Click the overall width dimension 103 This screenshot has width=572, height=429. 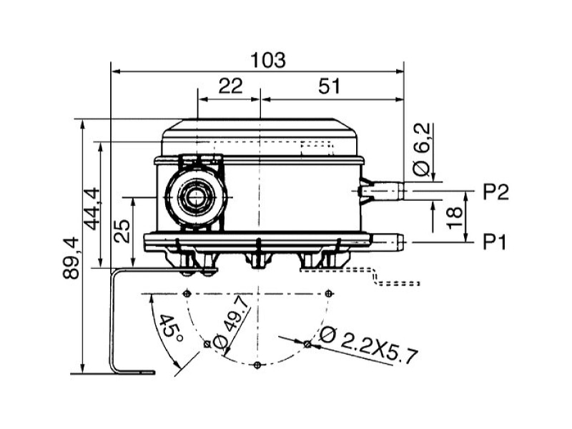pyautogui.click(x=268, y=60)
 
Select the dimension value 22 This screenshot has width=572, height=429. pyautogui.click(x=230, y=86)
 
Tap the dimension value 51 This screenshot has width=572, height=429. pyautogui.click(x=329, y=86)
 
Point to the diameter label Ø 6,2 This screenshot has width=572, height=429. pyautogui.click(x=422, y=149)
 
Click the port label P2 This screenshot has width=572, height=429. pyautogui.click(x=495, y=192)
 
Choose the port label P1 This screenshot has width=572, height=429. pyautogui.click(x=495, y=242)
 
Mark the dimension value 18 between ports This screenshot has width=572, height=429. pyautogui.click(x=454, y=217)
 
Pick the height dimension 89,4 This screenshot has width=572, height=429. pyautogui.click(x=71, y=258)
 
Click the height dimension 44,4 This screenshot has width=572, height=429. pyautogui.click(x=92, y=209)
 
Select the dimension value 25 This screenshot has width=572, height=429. pyautogui.click(x=122, y=231)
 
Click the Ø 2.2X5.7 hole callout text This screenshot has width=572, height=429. pyautogui.click(x=368, y=345)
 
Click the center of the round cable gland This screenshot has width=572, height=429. pyautogui.click(x=196, y=197)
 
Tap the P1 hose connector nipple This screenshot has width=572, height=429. pyautogui.click(x=388, y=242)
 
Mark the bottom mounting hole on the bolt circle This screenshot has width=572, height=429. pyautogui.click(x=257, y=365)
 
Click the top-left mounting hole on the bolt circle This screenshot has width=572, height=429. pyautogui.click(x=187, y=293)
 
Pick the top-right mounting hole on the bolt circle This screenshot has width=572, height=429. pyautogui.click(x=329, y=293)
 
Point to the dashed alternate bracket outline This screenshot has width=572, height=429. pyautogui.click(x=376, y=277)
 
